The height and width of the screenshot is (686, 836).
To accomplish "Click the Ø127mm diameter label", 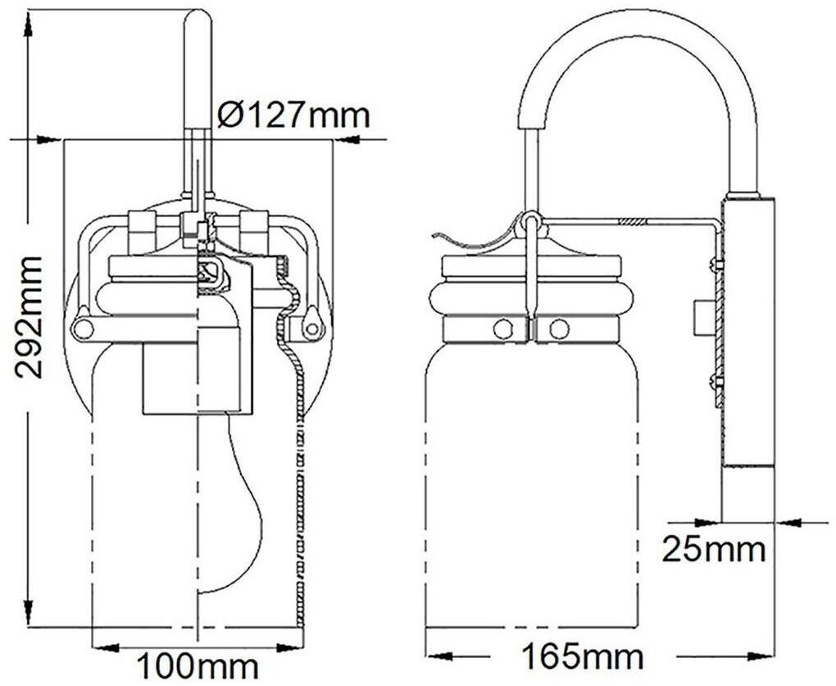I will (293, 116).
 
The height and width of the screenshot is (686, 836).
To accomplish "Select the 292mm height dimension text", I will (30, 316).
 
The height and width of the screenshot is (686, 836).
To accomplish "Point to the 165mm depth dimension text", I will (582, 656).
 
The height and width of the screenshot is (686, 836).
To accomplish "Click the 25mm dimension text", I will (714, 549).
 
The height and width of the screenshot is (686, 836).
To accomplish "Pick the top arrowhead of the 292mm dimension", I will (30, 23).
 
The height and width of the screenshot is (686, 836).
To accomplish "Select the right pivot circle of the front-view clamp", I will (311, 329).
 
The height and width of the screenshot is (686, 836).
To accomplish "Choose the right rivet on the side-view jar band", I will (559, 329).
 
